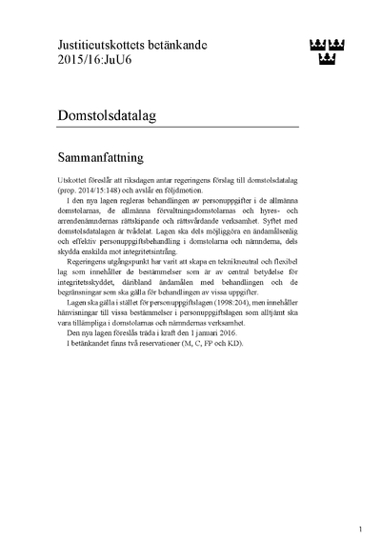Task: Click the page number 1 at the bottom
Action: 360,528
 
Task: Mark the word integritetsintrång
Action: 205,266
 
